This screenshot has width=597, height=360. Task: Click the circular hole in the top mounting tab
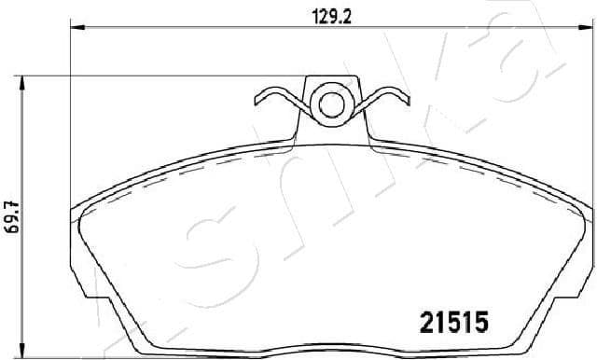pos(330,102)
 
